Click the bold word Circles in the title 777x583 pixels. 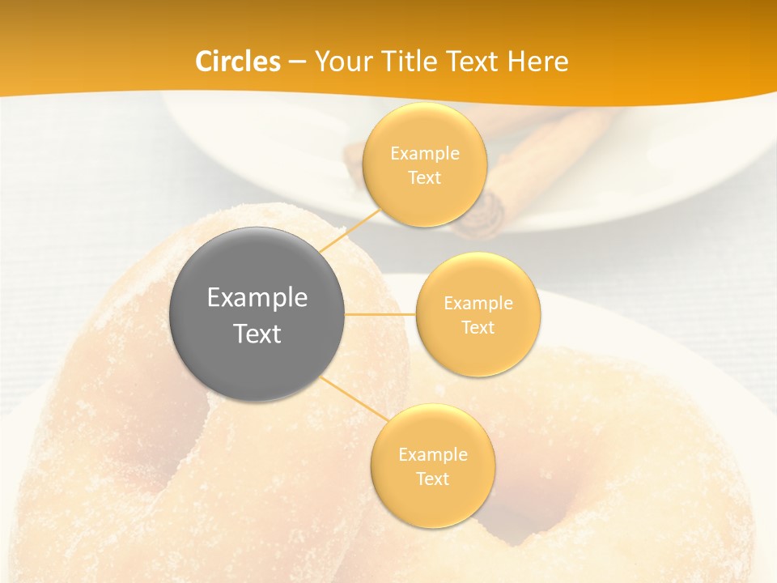tap(238, 62)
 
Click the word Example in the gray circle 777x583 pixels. tap(257, 298)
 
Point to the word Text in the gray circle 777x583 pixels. tap(257, 334)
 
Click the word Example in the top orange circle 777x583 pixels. tap(425, 154)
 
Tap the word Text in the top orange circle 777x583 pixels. tap(425, 178)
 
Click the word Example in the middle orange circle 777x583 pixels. tap(478, 304)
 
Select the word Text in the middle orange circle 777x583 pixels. tap(478, 328)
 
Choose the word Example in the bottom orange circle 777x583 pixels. tap(433, 455)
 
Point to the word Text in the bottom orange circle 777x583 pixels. tap(433, 479)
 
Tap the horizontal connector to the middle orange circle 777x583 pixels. tap(380, 314)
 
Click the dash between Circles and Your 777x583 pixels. tap(297, 62)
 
